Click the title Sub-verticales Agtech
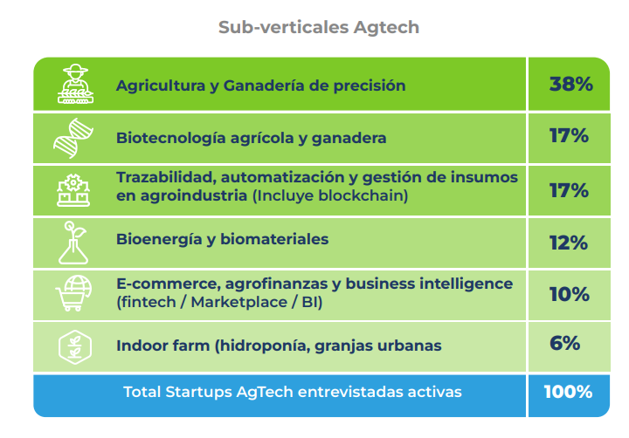[x=319, y=28]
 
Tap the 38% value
[x=570, y=84]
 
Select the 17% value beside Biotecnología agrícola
[x=569, y=135]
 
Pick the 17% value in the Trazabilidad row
[x=569, y=190]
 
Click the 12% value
[x=569, y=243]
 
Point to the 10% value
[x=570, y=294]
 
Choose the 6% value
[x=565, y=343]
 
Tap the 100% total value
[x=568, y=392]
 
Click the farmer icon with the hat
[x=75, y=84]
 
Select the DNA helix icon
[x=73, y=138]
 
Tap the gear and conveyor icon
[x=73, y=190]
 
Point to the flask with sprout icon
[x=73, y=243]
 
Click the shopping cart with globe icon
[x=73, y=293]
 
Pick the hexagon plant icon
[x=75, y=347]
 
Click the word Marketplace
[x=239, y=302]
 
